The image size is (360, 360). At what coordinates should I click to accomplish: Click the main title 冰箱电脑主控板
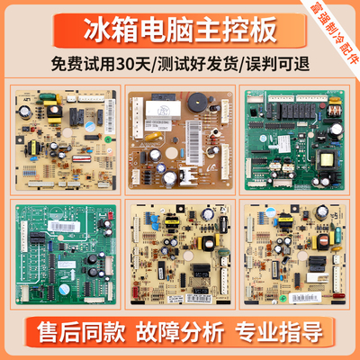pos(180,34)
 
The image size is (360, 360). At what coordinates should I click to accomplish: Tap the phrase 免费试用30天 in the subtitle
pos(108,69)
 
